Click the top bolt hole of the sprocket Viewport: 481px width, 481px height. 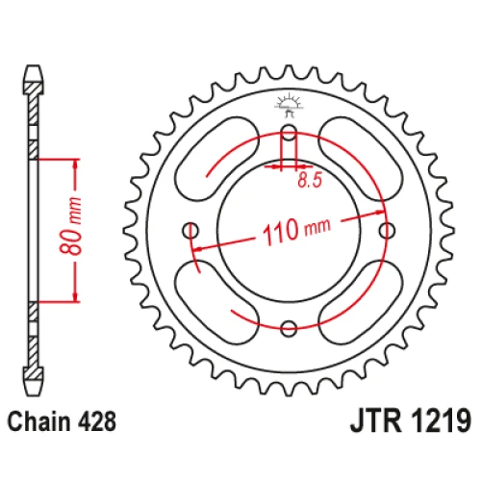point(289,132)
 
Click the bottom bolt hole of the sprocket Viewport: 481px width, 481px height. point(289,328)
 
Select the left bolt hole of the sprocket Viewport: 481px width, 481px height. point(190,230)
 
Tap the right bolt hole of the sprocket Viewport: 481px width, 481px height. point(387,230)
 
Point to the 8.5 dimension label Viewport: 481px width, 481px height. point(310,180)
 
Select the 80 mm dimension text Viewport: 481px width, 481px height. point(70,226)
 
